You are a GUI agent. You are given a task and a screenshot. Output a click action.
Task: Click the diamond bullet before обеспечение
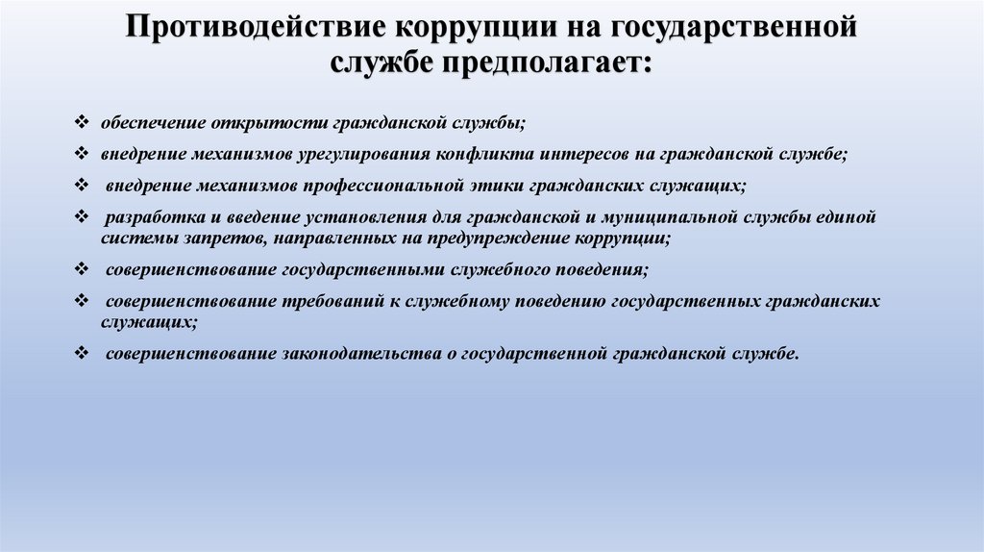point(82,124)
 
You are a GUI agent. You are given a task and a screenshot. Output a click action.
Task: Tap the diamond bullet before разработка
point(82,216)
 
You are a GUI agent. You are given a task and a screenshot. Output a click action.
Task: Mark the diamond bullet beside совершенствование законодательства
point(82,353)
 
